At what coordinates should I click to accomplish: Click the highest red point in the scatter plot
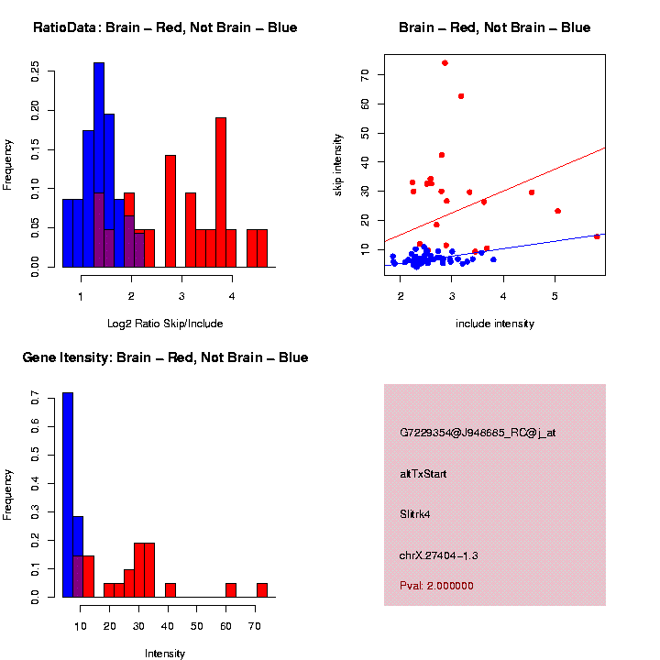[x=445, y=63]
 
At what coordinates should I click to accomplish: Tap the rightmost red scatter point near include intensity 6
[x=597, y=236]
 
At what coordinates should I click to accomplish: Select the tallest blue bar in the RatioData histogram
[x=99, y=165]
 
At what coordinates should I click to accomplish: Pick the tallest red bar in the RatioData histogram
[x=221, y=192]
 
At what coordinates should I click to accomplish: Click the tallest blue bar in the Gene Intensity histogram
[x=68, y=495]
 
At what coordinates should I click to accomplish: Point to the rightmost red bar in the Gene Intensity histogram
[x=262, y=590]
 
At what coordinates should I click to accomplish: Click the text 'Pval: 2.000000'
[x=436, y=586]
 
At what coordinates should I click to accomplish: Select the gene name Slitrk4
[x=415, y=514]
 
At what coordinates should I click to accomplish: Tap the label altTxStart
[x=423, y=474]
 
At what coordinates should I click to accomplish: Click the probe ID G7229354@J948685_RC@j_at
[x=478, y=433]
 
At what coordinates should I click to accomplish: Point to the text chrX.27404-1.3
[x=439, y=555]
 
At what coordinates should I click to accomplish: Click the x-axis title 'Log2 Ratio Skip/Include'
[x=165, y=324]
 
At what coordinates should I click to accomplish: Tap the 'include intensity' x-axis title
[x=495, y=324]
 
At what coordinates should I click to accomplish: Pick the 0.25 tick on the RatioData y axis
[x=35, y=71]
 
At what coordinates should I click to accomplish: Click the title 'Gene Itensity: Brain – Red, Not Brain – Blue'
[x=165, y=357]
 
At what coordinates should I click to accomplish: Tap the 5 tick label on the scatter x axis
[x=555, y=295]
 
